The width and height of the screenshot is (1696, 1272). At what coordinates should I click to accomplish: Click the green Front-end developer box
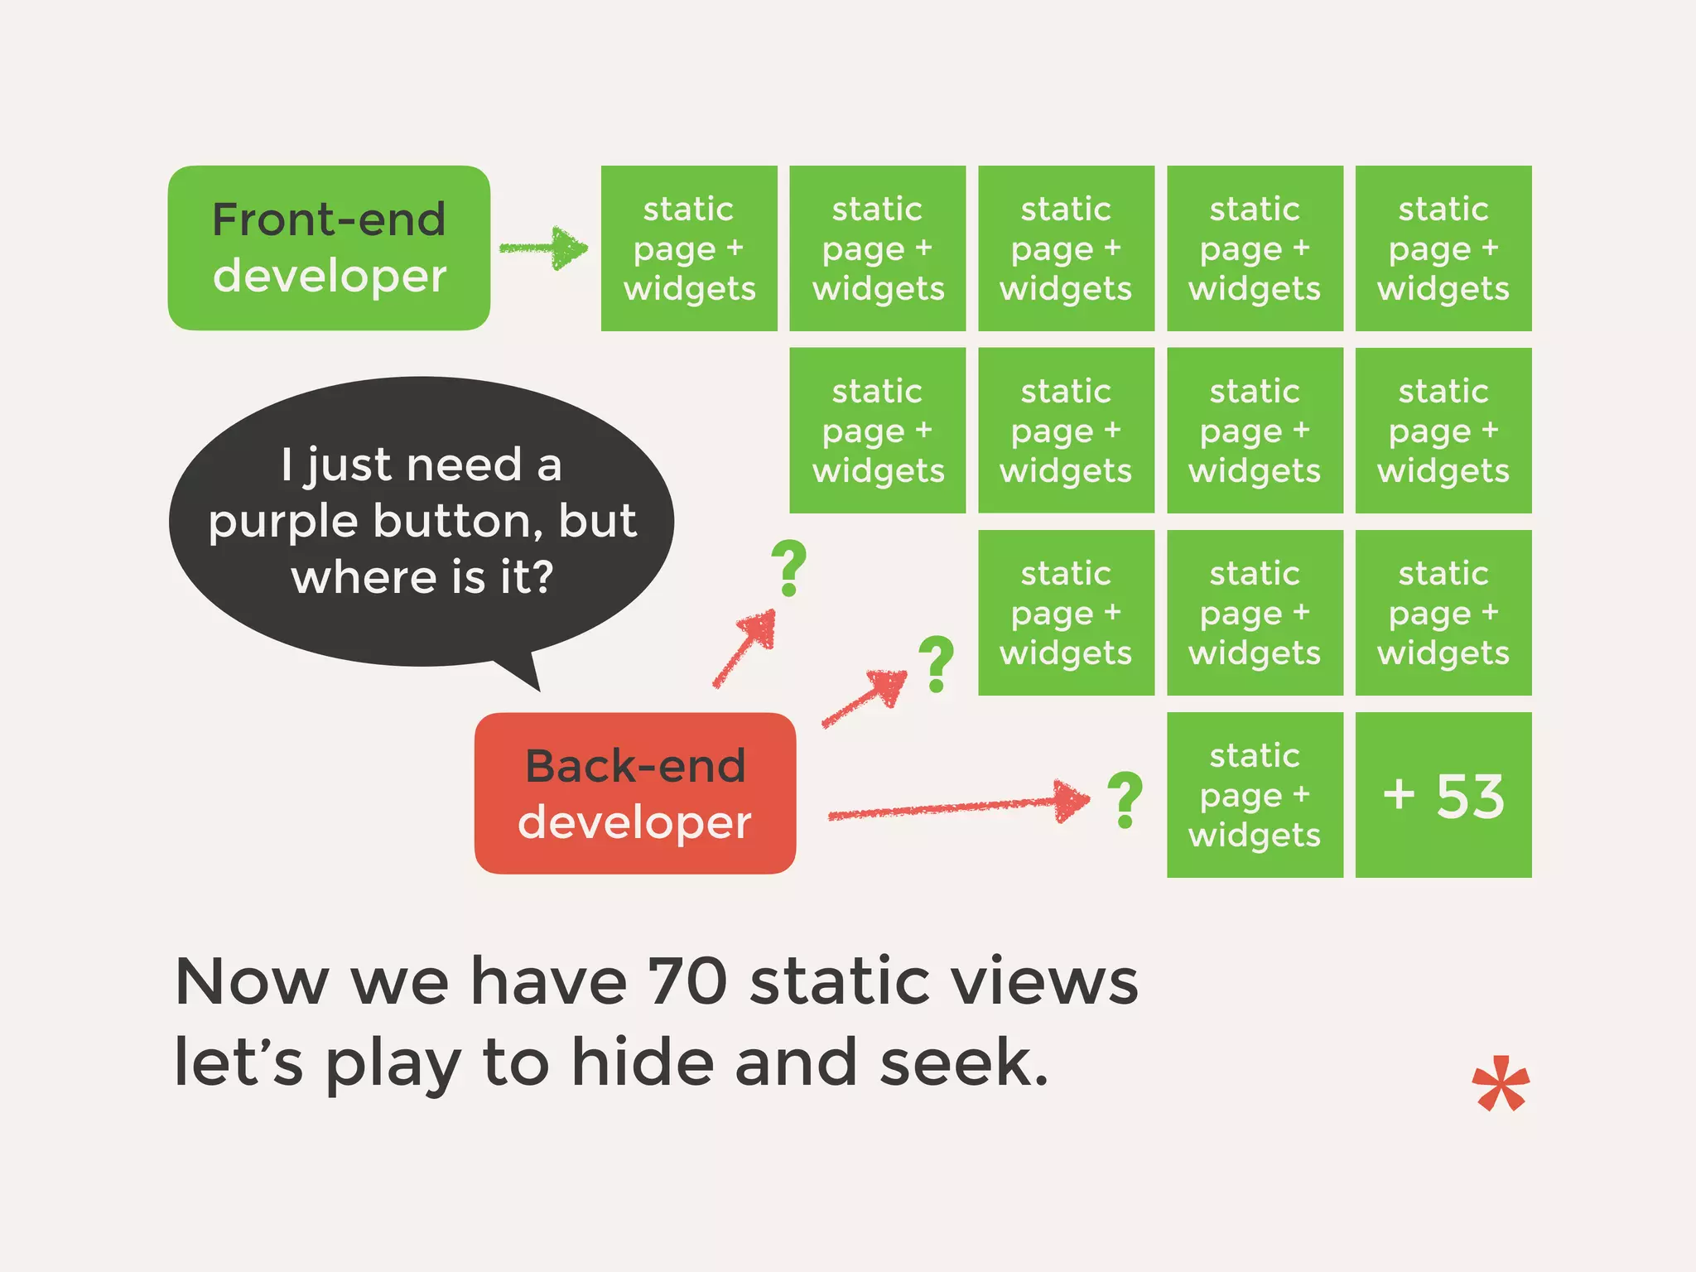pyautogui.click(x=329, y=248)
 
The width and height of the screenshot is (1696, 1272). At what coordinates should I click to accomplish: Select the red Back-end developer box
pyautogui.click(x=635, y=793)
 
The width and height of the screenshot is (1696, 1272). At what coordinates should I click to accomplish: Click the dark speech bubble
pyautogui.click(x=422, y=522)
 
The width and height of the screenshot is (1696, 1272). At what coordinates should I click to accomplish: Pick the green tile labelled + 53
pyautogui.click(x=1443, y=795)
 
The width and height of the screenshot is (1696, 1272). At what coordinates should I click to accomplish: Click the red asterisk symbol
pyautogui.click(x=1501, y=1084)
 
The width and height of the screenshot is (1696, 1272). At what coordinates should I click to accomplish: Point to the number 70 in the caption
pyautogui.click(x=687, y=982)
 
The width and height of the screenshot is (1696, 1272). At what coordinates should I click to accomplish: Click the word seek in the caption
pyautogui.click(x=962, y=1063)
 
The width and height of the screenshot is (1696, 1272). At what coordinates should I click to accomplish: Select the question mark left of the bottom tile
pyautogui.click(x=1125, y=800)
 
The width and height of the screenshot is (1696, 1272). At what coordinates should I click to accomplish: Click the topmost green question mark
pyautogui.click(x=788, y=568)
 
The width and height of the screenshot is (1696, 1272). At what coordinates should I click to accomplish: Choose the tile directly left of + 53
pyautogui.click(x=1255, y=795)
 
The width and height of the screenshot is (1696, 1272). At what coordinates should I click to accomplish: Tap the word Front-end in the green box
pyautogui.click(x=329, y=219)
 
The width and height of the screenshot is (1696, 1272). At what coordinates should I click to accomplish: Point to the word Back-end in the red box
pyautogui.click(x=635, y=766)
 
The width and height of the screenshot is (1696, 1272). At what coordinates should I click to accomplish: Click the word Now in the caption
pyautogui.click(x=252, y=982)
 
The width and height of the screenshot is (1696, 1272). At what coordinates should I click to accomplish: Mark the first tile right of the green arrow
pyautogui.click(x=689, y=248)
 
